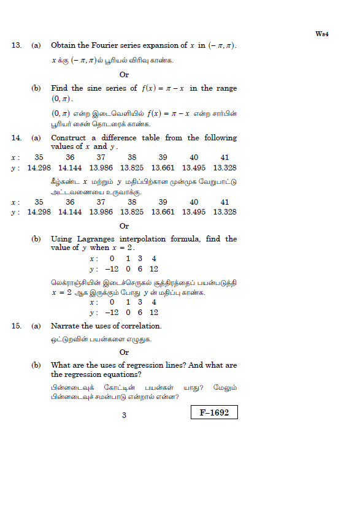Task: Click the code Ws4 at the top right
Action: click(323, 34)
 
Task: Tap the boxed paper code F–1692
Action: click(213, 413)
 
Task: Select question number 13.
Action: click(17, 45)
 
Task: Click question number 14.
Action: click(17, 138)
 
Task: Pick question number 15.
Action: click(17, 326)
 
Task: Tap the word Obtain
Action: click(64, 45)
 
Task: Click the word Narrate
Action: click(66, 326)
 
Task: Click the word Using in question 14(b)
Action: click(62, 238)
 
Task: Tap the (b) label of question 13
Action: click(36, 88)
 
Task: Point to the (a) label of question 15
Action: click(36, 326)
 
